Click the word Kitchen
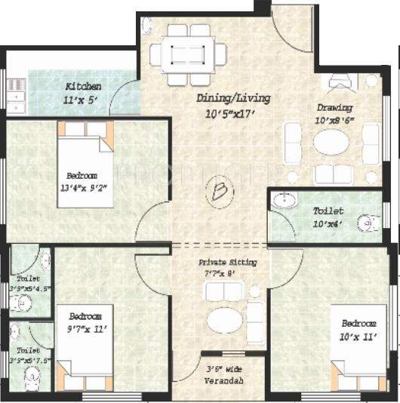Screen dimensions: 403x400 [x=83, y=86]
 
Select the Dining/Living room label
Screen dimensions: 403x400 [x=232, y=98]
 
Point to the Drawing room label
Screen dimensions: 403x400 [x=334, y=107]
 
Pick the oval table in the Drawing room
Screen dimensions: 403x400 [x=332, y=142]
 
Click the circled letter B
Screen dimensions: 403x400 [x=219, y=192]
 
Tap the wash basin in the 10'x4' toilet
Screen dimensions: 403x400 [x=283, y=201]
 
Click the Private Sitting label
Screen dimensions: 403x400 [x=227, y=262]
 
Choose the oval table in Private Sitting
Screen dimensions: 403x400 [x=226, y=321]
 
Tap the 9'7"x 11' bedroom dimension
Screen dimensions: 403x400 [x=90, y=329]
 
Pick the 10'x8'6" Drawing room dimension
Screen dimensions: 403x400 [x=335, y=119]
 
